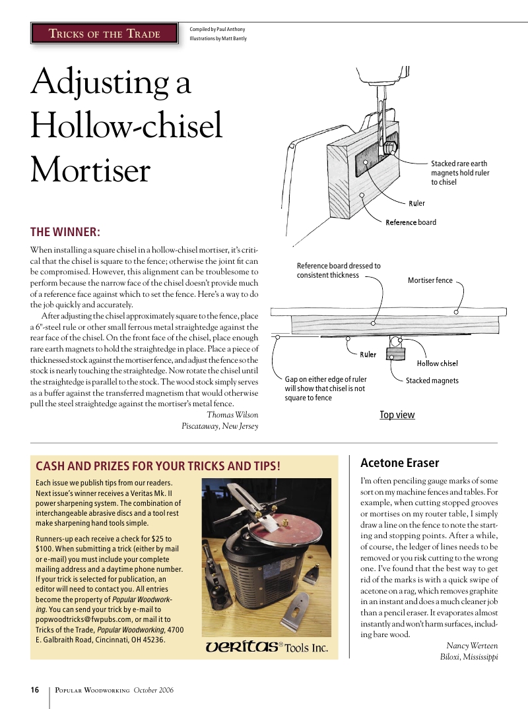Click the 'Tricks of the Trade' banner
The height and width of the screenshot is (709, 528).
point(106,34)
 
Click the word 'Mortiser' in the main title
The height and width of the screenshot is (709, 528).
point(90,171)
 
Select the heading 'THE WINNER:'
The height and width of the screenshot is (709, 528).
point(65,232)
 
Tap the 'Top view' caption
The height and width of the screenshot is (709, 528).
point(397,415)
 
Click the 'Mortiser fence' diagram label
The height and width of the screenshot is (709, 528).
point(430,280)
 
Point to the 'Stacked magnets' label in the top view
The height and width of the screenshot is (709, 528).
point(432,381)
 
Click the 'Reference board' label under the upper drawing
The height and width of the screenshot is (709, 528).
point(411,222)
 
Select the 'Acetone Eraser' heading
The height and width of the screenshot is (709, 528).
point(399,463)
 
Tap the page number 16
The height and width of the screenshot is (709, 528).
point(34,690)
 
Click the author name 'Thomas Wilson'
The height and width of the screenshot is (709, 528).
point(232,415)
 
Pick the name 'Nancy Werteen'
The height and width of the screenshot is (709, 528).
point(472,646)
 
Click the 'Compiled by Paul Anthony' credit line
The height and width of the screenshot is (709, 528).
point(217,29)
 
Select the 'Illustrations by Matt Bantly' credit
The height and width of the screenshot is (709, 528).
point(219,39)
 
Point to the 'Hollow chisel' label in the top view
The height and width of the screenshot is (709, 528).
point(437,363)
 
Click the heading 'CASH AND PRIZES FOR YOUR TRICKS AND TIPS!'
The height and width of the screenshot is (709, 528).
point(158,466)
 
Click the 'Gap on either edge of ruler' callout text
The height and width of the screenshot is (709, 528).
point(325,379)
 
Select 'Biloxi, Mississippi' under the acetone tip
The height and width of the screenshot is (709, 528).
point(469,657)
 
